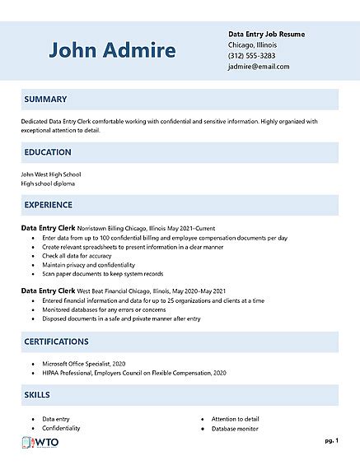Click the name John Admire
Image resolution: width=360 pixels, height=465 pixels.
coord(112,50)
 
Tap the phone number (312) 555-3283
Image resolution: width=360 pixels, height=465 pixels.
coord(252,56)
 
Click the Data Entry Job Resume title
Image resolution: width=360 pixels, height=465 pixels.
coord(266,34)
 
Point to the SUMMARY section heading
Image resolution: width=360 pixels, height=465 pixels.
coord(45,100)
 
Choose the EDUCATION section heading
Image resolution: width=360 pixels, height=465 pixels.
coord(48,152)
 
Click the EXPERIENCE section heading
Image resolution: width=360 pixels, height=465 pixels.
coord(49,205)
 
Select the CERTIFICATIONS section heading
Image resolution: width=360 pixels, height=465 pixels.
coord(56,342)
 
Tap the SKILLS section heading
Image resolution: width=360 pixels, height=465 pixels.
coord(38,396)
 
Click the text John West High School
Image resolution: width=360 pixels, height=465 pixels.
coord(51,174)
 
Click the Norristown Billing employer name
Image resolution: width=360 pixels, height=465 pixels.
coord(102,228)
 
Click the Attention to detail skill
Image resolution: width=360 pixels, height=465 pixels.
coord(235,419)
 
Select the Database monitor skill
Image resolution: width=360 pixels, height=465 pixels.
coord(234,429)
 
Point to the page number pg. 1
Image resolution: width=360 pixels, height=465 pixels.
coord(331,441)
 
